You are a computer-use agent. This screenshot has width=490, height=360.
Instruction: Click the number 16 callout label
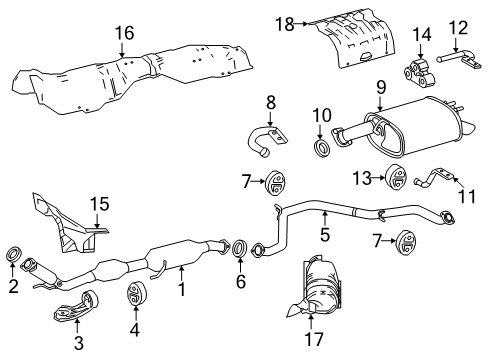(x=123, y=34)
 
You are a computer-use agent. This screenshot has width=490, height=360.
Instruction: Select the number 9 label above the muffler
(x=380, y=88)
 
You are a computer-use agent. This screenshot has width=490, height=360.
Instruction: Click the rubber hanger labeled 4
(x=138, y=297)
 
